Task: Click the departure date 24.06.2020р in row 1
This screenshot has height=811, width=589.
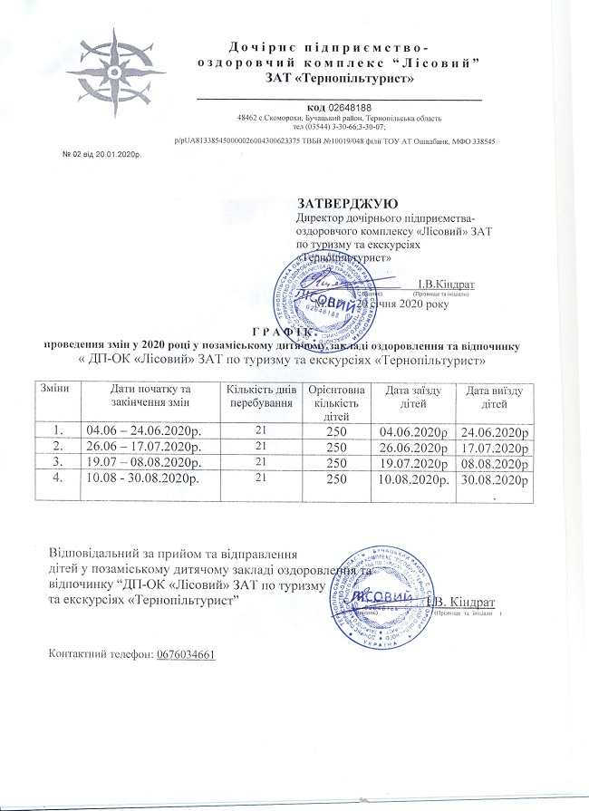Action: tap(494, 429)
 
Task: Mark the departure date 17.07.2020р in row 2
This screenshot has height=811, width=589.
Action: tap(494, 445)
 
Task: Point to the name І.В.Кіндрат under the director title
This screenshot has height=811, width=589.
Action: tap(447, 285)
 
